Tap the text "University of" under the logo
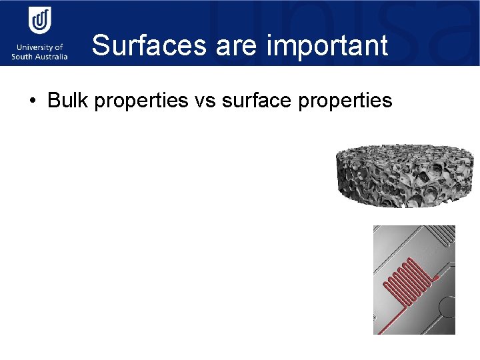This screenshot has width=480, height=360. click(x=39, y=47)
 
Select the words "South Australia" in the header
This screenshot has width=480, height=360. click(x=39, y=57)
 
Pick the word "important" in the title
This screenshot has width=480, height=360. click(x=327, y=45)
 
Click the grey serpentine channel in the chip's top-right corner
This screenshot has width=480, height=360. click(x=440, y=234)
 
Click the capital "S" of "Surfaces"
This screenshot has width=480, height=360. click(x=101, y=45)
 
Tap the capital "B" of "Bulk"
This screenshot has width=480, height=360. click(x=54, y=101)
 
